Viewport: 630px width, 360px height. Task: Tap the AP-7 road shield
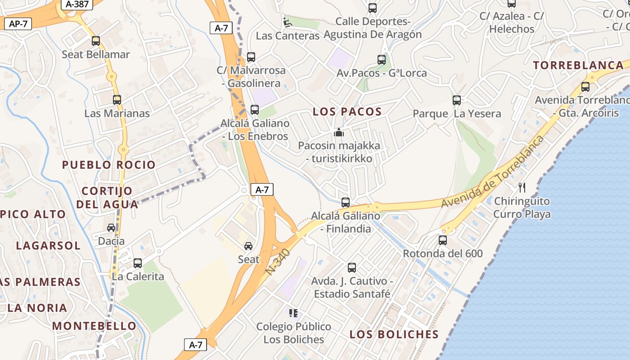(18, 24)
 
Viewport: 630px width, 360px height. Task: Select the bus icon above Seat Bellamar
(96, 41)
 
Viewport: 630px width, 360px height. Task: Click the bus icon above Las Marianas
(117, 99)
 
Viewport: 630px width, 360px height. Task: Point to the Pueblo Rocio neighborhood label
(109, 165)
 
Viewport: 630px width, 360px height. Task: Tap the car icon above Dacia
(111, 228)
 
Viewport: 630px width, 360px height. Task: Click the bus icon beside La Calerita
(138, 263)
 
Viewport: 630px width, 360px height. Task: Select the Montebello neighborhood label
(94, 326)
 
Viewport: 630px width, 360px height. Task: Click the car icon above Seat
(248, 246)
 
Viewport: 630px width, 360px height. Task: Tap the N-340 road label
(278, 262)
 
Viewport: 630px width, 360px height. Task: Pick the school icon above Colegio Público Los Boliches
(293, 313)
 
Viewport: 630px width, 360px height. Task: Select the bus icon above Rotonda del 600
(443, 240)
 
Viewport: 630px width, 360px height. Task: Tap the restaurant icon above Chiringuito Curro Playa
(522, 187)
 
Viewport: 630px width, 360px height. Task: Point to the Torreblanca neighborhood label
(578, 65)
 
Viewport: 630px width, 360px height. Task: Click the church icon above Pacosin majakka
(339, 132)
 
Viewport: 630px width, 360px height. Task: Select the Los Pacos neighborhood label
(347, 112)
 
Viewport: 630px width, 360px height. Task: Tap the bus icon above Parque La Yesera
(457, 100)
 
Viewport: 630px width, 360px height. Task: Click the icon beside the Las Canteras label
(287, 22)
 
